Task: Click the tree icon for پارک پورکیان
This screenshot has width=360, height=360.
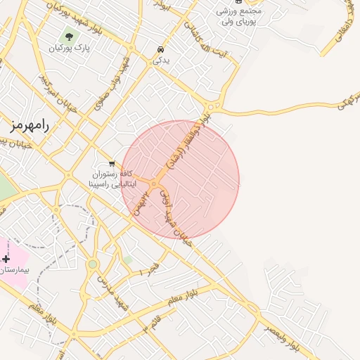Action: point(69,35)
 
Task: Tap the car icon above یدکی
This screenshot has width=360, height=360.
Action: point(161,49)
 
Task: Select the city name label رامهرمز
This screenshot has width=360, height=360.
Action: point(29,125)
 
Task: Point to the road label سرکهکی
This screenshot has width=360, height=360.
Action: point(343,103)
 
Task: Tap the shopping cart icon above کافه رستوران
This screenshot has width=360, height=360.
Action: point(112,163)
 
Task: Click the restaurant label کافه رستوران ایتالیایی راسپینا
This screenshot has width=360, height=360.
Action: point(105,179)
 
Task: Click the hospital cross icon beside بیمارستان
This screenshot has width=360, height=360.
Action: point(7,259)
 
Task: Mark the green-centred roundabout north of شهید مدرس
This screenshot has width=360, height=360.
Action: point(92,264)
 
